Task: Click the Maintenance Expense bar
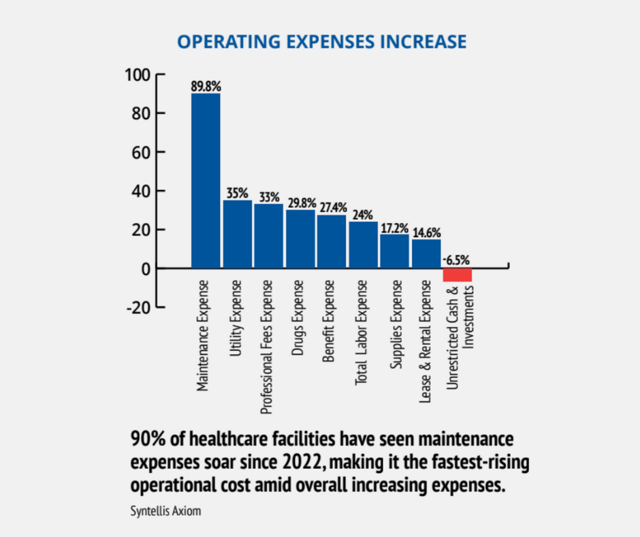(206, 181)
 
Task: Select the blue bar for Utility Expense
(237, 234)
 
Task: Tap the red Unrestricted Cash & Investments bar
(457, 275)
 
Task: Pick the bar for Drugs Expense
(300, 239)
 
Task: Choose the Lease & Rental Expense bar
(426, 254)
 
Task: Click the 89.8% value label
(206, 87)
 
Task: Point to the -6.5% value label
(456, 260)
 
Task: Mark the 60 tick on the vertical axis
(140, 152)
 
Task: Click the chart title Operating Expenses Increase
(321, 42)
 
